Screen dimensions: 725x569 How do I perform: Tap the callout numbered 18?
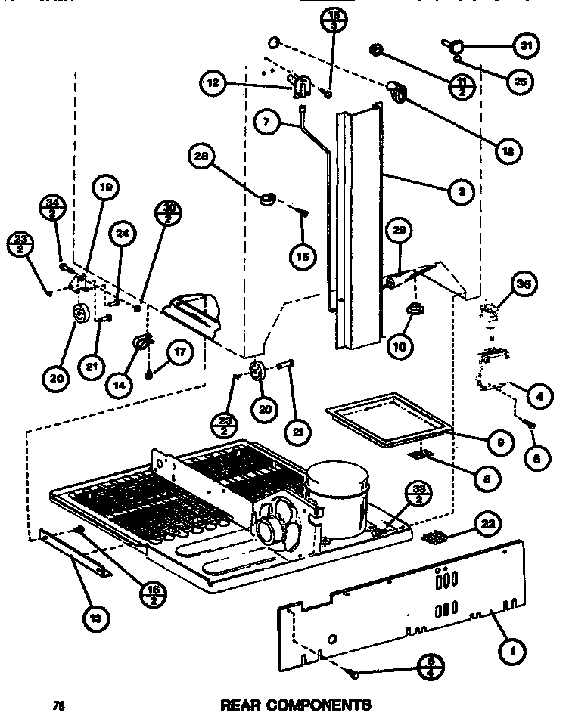click(x=506, y=151)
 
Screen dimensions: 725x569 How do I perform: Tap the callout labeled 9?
click(x=499, y=442)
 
